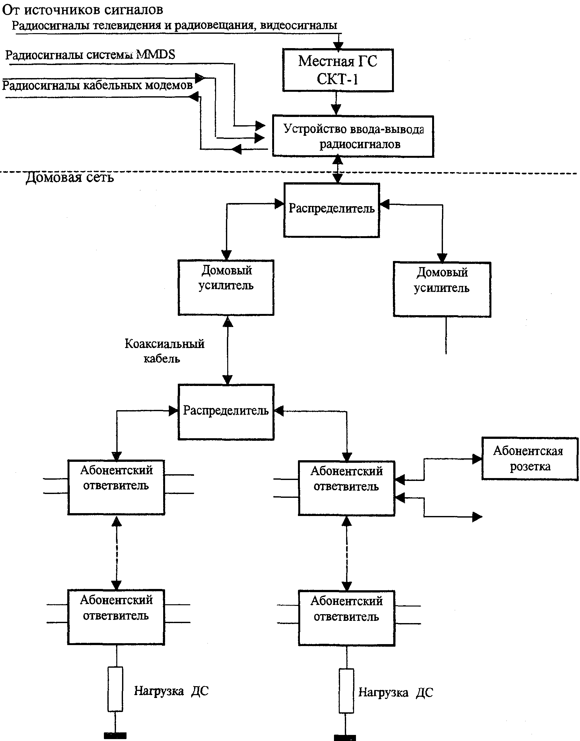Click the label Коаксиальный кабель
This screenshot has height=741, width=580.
[x=164, y=351]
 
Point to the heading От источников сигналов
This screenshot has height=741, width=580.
[x=83, y=10]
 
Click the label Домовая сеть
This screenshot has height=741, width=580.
[x=70, y=177]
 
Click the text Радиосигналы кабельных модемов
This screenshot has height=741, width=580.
[x=98, y=85]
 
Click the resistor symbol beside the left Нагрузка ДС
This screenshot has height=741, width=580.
[x=115, y=689]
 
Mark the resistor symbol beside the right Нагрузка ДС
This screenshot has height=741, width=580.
[x=346, y=691]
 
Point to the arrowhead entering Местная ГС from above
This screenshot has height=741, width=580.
[x=338, y=46]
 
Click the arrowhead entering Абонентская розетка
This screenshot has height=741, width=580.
[x=477, y=459]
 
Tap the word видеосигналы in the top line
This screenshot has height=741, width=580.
[x=299, y=25]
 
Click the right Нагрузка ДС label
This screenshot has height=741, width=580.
[x=396, y=692]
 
